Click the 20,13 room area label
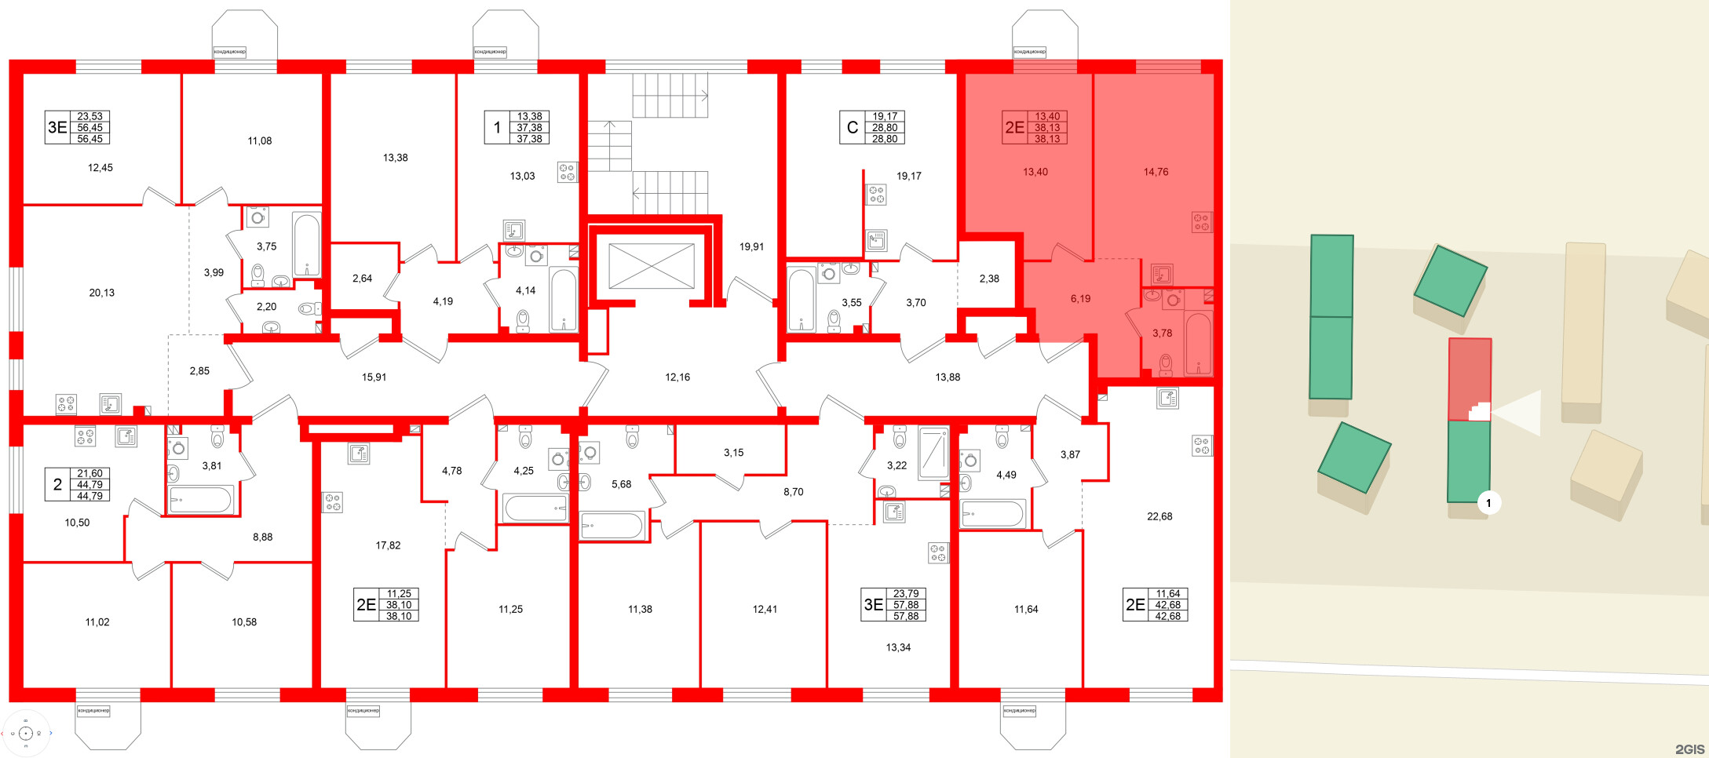(101, 293)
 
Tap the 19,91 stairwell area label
(751, 246)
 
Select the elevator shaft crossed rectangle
(651, 266)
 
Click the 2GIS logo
(1689, 749)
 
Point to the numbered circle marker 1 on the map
(1488, 503)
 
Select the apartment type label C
(852, 127)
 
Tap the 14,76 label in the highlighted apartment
(1156, 172)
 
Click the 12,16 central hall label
(677, 377)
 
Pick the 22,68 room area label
(1159, 516)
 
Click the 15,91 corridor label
(374, 377)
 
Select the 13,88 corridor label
(948, 377)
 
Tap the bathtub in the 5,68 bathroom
(612, 525)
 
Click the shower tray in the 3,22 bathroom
(933, 453)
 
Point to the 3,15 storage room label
(733, 453)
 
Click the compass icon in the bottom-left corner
(26, 734)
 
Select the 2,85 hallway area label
(199, 371)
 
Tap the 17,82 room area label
(388, 545)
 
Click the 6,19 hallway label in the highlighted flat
(1080, 299)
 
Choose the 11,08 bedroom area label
(260, 141)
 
